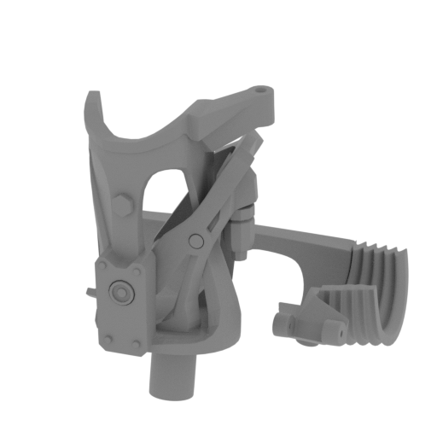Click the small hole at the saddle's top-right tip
pyautogui.click(x=259, y=88)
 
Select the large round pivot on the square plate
pyautogui.click(x=122, y=291)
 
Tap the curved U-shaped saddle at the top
pyautogui.click(x=145, y=128)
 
